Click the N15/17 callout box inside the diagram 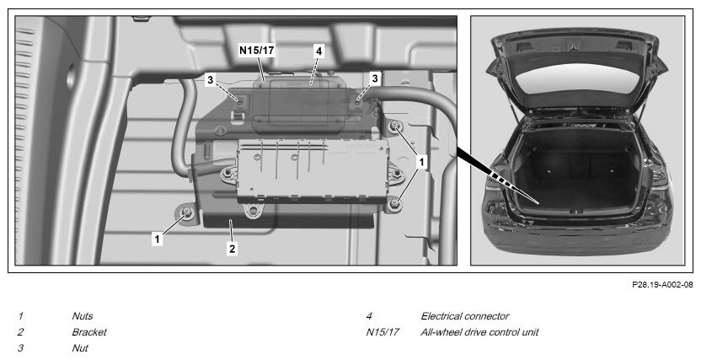257,50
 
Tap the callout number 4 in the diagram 318,51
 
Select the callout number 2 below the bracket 232,249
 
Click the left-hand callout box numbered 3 211,80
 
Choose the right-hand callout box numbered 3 375,78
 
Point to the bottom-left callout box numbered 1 157,239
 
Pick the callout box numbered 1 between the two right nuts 420,163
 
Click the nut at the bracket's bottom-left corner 187,213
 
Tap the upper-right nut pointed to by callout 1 394,127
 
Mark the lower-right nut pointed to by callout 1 394,205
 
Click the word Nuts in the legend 83,316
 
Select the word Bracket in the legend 89,332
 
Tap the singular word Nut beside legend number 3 80,348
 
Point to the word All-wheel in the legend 441,332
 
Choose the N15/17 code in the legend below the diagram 383,332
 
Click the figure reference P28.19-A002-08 662,284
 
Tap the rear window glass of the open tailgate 576,78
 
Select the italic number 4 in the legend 369,316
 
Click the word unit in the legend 530,332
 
